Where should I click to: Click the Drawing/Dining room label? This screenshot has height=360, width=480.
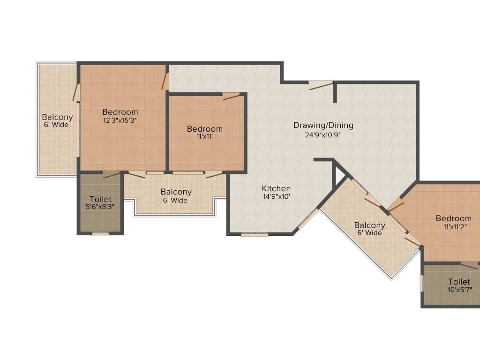pos(323,125)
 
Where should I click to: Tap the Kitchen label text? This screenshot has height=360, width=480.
pos(276,188)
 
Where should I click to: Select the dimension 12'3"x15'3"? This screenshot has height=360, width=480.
pos(120,120)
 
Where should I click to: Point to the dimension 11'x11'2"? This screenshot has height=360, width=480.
pos(453,227)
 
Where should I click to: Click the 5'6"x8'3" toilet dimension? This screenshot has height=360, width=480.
pos(101,206)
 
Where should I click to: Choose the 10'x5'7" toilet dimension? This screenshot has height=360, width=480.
pos(459,290)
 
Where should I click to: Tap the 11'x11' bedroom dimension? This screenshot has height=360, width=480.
pos(204,137)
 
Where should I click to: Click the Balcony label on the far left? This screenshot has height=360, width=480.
pos(57,117)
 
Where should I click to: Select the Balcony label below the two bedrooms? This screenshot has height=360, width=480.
pos(176,192)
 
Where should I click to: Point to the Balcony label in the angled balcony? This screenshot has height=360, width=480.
pos(369,225)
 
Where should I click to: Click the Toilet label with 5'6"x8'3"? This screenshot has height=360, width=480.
pos(101,199)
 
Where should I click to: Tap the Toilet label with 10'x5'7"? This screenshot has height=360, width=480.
pos(459,282)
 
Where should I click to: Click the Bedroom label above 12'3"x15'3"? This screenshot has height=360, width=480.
pos(120,112)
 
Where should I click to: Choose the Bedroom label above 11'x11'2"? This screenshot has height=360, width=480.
pos(453,218)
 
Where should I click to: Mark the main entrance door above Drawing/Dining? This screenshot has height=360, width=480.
pos(321,84)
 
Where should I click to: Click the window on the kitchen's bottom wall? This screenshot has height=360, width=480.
pos(255,234)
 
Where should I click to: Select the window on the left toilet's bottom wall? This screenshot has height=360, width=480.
pos(100,234)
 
